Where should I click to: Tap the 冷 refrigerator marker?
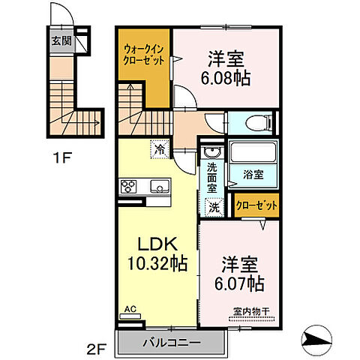[160, 149]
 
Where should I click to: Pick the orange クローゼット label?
[255, 205]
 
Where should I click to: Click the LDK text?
[158, 244]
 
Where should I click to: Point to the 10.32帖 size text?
[158, 264]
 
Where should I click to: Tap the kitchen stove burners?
[128, 186]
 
